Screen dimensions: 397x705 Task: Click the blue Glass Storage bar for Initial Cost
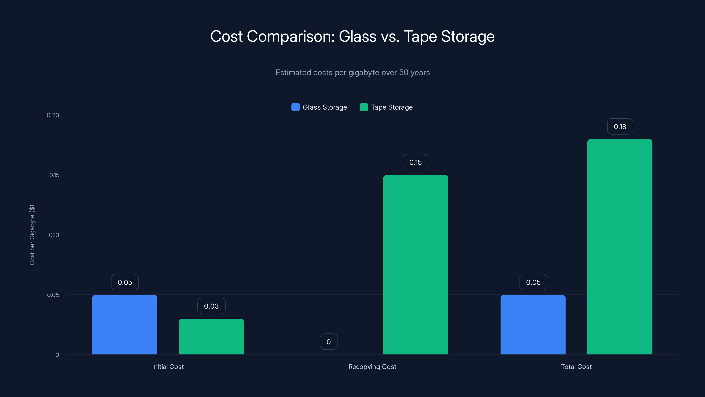tap(124, 325)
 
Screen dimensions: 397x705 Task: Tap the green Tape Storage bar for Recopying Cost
tap(416, 265)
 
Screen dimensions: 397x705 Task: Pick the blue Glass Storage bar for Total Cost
tap(533, 325)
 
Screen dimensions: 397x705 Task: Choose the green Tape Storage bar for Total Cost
tap(620, 247)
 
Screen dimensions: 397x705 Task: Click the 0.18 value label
tap(620, 127)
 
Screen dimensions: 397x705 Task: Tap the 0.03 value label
tap(211, 306)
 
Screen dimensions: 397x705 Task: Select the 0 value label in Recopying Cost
tap(328, 342)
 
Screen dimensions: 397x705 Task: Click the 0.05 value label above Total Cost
tap(533, 282)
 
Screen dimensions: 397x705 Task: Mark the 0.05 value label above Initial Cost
tap(125, 282)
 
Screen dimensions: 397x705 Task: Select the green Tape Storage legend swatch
tap(364, 107)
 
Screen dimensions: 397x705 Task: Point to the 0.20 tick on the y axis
tap(53, 115)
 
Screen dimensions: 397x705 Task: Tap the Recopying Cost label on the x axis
tap(372, 367)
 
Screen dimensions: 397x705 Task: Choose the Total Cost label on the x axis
tap(576, 367)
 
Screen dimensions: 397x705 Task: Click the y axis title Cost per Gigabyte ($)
tap(32, 235)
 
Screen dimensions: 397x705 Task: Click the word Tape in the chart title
tap(420, 36)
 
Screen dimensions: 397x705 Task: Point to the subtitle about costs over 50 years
tap(352, 73)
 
